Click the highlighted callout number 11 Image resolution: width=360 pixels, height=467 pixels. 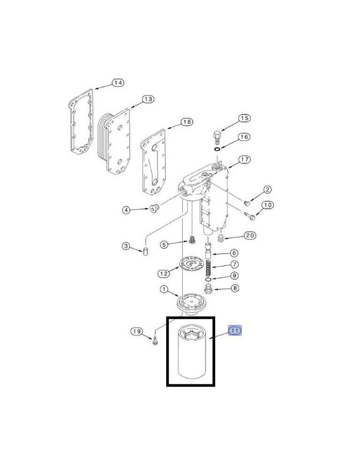coord(235,331)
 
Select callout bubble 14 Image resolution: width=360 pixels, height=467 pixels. coord(118,83)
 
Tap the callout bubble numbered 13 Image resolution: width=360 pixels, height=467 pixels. coord(148,99)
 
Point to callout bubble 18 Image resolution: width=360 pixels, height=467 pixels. coord(187,122)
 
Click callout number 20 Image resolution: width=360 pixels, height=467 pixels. coord(250,235)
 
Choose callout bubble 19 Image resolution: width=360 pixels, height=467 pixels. coord(137,332)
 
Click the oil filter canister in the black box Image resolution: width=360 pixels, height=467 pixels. coord(191,352)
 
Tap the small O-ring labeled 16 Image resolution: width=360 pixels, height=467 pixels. coord(218,149)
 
